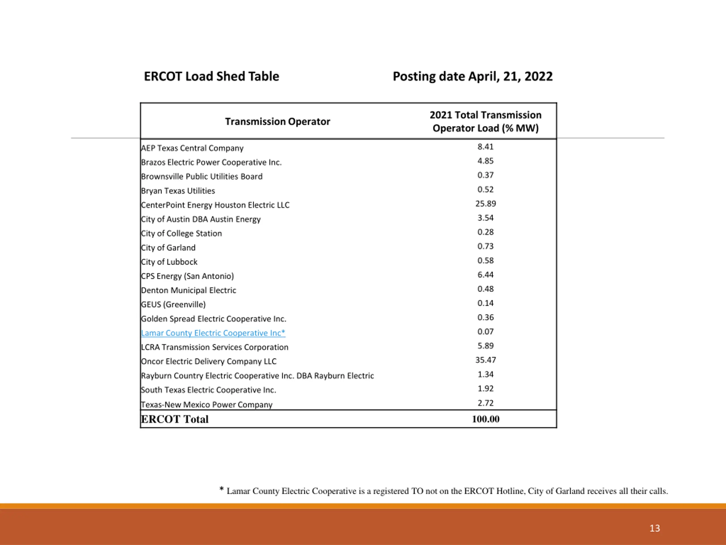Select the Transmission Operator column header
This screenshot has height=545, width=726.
tap(277, 121)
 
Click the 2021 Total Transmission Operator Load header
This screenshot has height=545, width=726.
tap(486, 121)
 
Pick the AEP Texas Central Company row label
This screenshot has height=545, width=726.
tap(192, 148)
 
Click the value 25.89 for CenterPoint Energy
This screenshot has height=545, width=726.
tap(486, 204)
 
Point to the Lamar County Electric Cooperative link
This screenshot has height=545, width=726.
tap(213, 333)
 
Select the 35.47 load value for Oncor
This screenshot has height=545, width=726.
tap(486, 360)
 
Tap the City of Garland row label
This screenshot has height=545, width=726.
tap(168, 248)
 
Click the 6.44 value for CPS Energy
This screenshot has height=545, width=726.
tap(486, 275)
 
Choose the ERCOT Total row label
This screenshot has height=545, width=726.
tap(175, 419)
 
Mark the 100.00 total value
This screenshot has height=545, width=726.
tap(486, 419)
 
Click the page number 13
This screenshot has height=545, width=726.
tap(655, 528)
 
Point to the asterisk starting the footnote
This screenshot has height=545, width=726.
tap(221, 489)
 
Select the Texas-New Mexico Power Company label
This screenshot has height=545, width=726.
tap(207, 404)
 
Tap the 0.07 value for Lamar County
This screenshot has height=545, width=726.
tap(486, 332)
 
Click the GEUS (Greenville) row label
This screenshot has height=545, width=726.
tap(173, 305)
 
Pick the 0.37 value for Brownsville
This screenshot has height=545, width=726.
tap(486, 175)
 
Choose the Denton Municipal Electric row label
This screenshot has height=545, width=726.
tap(188, 290)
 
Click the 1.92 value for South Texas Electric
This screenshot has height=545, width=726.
tap(486, 389)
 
